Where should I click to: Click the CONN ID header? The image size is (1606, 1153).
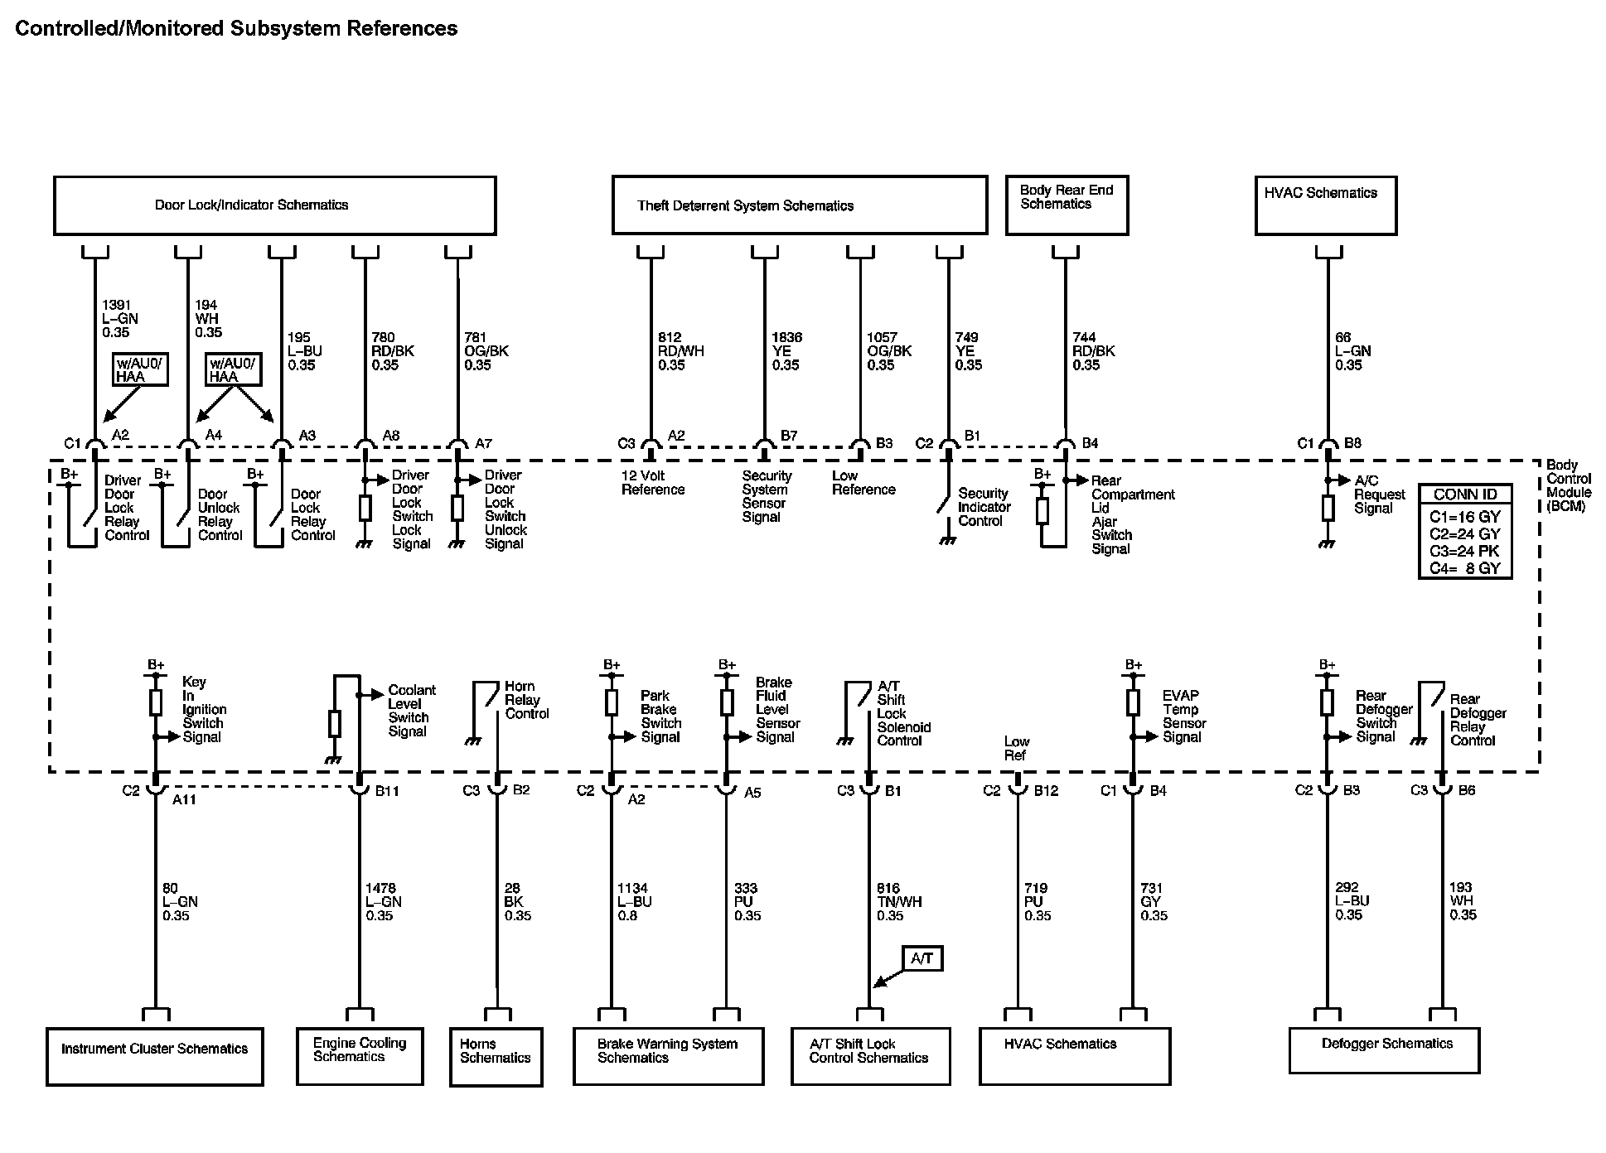[x=1465, y=494]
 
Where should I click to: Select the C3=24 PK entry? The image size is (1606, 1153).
[x=1464, y=551]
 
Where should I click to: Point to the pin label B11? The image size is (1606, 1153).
[x=387, y=791]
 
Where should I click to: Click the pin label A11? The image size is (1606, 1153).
[x=184, y=799]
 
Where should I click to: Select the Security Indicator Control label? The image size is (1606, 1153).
[x=984, y=507]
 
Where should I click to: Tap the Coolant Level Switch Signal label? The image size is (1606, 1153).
[x=412, y=711]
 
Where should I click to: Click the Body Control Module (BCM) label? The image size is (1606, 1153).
[x=1569, y=485]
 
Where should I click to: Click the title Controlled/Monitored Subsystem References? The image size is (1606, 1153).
[x=236, y=28]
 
